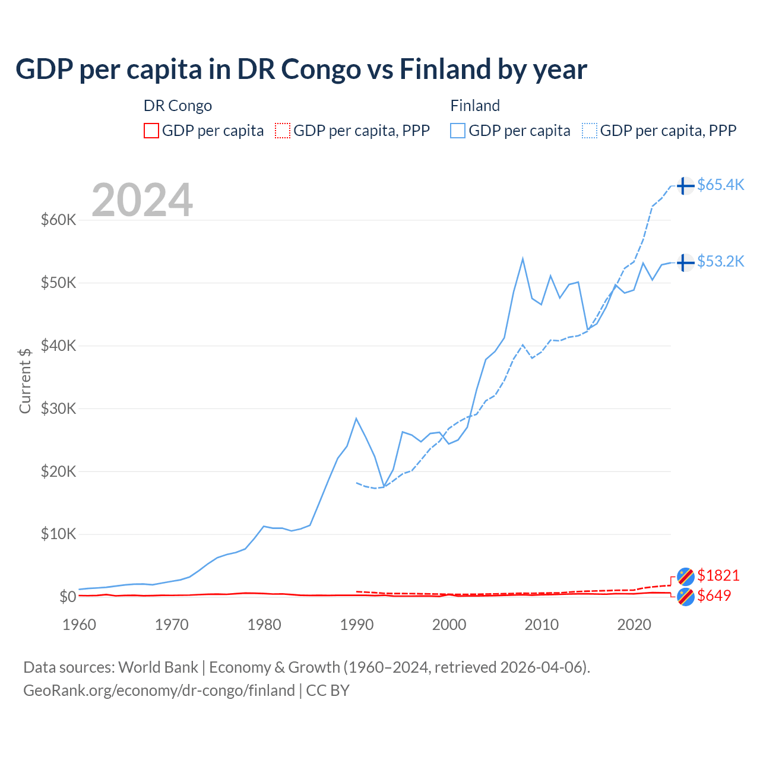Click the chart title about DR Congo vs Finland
[301, 69]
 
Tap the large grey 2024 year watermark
[142, 200]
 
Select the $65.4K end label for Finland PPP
[720, 185]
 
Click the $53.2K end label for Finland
[720, 261]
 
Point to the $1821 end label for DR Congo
[718, 575]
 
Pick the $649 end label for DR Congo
[714, 596]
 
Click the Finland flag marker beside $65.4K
[686, 186]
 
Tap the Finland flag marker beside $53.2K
[686, 262]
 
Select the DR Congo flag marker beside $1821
[686, 576]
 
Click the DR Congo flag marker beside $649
[686, 597]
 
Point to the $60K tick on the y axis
[58, 220]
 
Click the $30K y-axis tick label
[58, 408]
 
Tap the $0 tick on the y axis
[68, 597]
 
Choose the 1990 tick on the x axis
[356, 625]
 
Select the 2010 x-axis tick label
[541, 625]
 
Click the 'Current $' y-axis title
[25, 381]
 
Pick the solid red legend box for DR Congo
[151, 131]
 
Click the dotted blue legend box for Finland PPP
[590, 131]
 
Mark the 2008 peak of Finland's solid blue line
[522, 258]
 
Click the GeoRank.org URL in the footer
[159, 691]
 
